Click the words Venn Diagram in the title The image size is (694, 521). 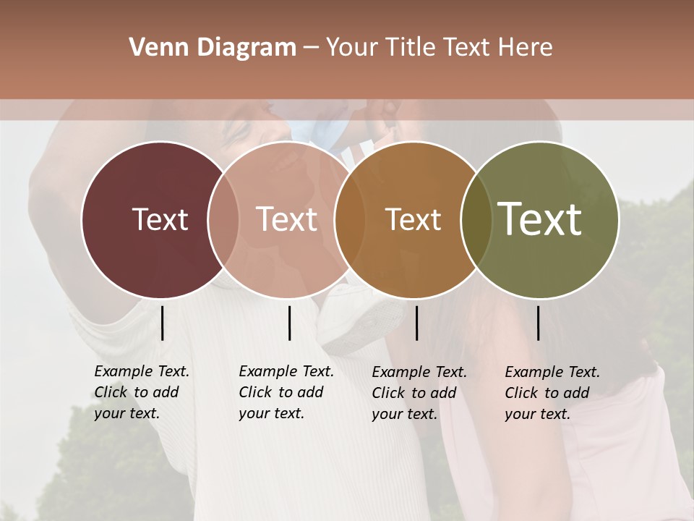click(213, 48)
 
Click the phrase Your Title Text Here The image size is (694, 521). click(439, 48)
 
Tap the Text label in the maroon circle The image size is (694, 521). click(160, 219)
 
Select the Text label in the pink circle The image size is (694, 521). click(286, 219)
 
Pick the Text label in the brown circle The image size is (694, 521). click(413, 219)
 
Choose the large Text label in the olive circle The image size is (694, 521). click(540, 219)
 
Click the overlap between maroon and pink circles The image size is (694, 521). click(223, 219)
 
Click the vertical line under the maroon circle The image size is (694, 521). click(162, 323)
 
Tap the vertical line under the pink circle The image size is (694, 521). click(289, 323)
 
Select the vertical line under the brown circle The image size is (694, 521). click(416, 323)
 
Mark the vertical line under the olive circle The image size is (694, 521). click(538, 323)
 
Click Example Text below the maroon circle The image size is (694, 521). click(142, 371)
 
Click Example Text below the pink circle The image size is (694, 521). click(286, 371)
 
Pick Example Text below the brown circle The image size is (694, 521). click(419, 372)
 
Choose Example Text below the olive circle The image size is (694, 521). click(552, 372)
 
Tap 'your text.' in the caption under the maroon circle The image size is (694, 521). click(127, 414)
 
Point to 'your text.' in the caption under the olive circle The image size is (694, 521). click(537, 415)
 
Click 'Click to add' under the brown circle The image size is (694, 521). click(414, 393)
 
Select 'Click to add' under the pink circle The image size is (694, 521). click(281, 392)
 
